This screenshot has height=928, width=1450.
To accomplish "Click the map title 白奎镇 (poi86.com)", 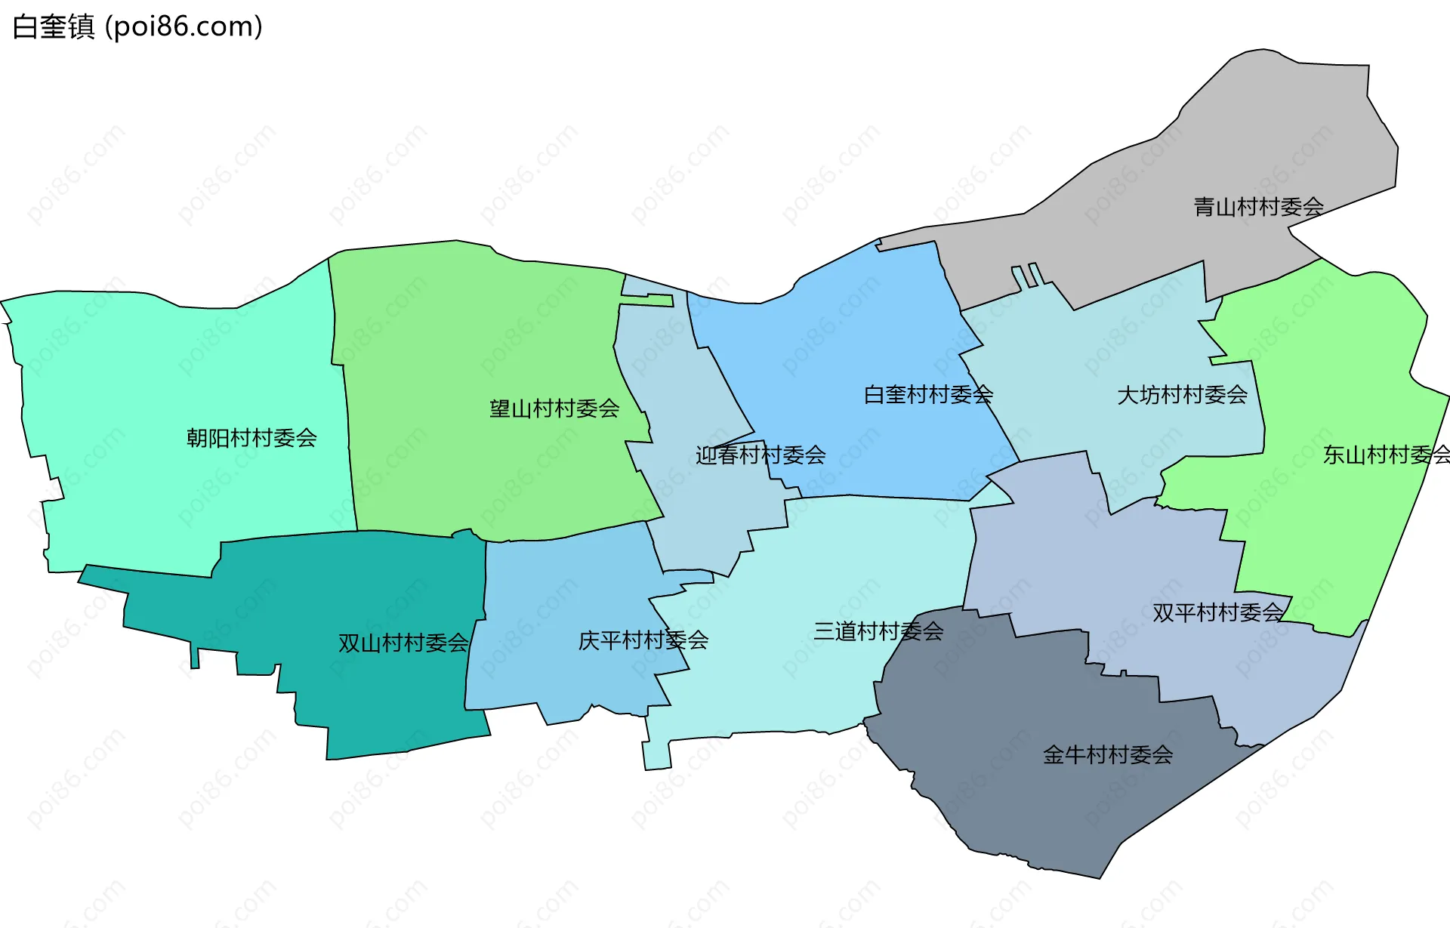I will [x=137, y=27].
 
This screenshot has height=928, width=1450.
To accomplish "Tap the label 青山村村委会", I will [x=1258, y=207].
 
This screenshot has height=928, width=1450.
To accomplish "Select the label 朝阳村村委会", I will [x=251, y=438].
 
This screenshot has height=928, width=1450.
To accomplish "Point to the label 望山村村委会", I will [x=554, y=409].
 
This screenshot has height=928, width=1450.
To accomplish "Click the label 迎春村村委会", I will [x=760, y=455].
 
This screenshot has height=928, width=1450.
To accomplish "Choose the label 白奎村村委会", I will [x=928, y=395].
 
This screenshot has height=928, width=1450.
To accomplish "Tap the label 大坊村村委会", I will [x=1182, y=395].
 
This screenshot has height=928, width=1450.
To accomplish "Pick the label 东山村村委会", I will [x=1386, y=455].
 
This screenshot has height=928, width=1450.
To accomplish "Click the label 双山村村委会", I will [x=403, y=643].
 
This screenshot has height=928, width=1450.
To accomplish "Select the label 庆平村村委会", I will [x=643, y=641].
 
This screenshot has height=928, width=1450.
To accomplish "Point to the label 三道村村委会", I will [x=878, y=631].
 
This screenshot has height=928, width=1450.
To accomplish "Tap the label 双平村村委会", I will [x=1217, y=612].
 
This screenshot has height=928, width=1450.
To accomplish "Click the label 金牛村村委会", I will [x=1107, y=755].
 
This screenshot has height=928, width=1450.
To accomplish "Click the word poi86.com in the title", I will [x=184, y=27].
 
